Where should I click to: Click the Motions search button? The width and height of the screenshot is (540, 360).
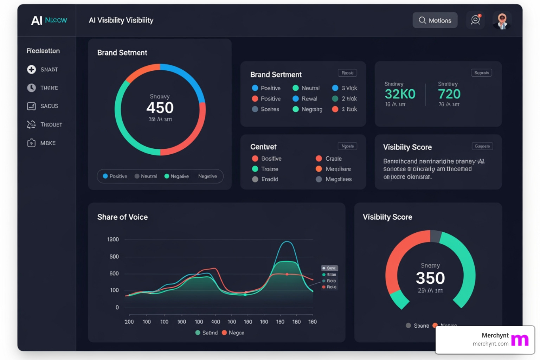435,20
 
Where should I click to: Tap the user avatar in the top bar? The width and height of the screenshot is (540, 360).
502,21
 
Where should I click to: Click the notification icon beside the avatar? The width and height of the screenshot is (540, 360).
475,20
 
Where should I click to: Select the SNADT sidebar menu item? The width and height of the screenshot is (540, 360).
43,70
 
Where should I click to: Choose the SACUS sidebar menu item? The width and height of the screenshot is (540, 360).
43,106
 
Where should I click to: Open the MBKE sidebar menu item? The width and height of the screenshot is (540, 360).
41,143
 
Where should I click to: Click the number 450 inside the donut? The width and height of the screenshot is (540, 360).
160,108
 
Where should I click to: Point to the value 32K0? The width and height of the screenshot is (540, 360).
400,94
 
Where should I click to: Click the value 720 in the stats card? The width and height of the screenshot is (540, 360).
449,94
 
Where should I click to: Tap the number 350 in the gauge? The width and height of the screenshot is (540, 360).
430,278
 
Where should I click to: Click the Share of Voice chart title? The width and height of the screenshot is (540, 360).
122,217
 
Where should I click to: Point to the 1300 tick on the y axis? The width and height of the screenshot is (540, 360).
113,239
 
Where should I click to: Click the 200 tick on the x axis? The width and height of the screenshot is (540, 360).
129,322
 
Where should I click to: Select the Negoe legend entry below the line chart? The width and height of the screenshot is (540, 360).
233,333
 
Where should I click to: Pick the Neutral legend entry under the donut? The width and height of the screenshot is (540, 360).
146,176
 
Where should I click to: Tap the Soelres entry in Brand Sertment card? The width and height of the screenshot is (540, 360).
266,109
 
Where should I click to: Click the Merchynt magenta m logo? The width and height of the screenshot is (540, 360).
520,340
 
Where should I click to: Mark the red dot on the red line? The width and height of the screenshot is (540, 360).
287,274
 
